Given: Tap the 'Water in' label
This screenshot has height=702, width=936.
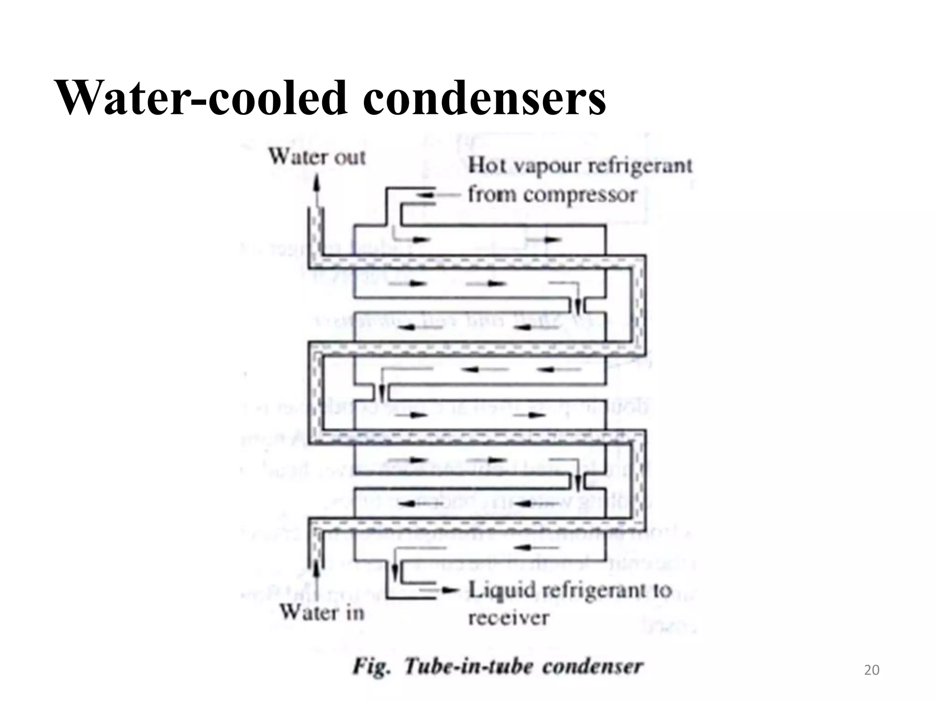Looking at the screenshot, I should coord(322,612).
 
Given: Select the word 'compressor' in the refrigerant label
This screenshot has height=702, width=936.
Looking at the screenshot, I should coord(580,195).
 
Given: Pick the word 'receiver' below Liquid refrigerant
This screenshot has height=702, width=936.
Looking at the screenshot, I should coord(508,618).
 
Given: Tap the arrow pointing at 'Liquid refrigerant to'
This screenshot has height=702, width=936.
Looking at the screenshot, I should coord(450,591).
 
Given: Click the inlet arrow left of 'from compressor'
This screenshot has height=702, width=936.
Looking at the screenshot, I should coord(427,195).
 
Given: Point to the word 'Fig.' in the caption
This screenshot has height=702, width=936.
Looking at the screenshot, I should coord(372,667).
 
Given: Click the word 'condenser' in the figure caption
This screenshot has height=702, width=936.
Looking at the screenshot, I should coord(593,667).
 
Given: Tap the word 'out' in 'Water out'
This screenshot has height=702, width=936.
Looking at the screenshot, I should coord(350,158).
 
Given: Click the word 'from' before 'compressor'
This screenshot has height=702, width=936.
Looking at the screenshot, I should coord(492,195).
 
